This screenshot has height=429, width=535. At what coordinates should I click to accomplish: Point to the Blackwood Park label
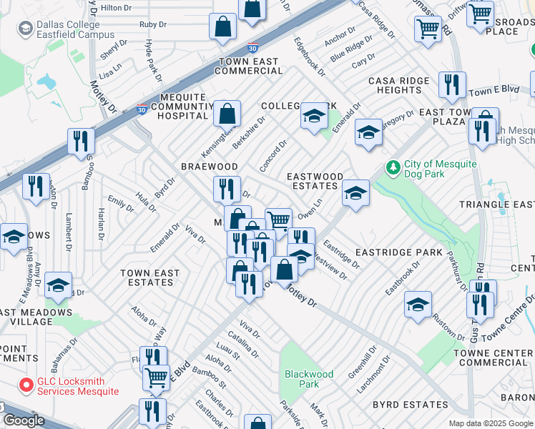[309, 379]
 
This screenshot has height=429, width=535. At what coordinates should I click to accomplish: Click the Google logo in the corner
[24, 420]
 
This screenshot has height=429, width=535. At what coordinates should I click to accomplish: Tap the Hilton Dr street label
[117, 7]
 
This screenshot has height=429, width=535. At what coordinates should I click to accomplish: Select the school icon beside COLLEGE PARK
[314, 117]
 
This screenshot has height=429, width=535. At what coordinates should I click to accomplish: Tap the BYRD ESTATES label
[410, 405]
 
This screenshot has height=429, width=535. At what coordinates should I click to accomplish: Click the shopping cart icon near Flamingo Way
[156, 376]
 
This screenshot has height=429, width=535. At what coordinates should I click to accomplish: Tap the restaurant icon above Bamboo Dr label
[81, 141]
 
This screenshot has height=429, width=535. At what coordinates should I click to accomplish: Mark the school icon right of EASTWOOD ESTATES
[355, 193]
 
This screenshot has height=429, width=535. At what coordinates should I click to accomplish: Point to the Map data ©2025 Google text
[491, 423]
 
